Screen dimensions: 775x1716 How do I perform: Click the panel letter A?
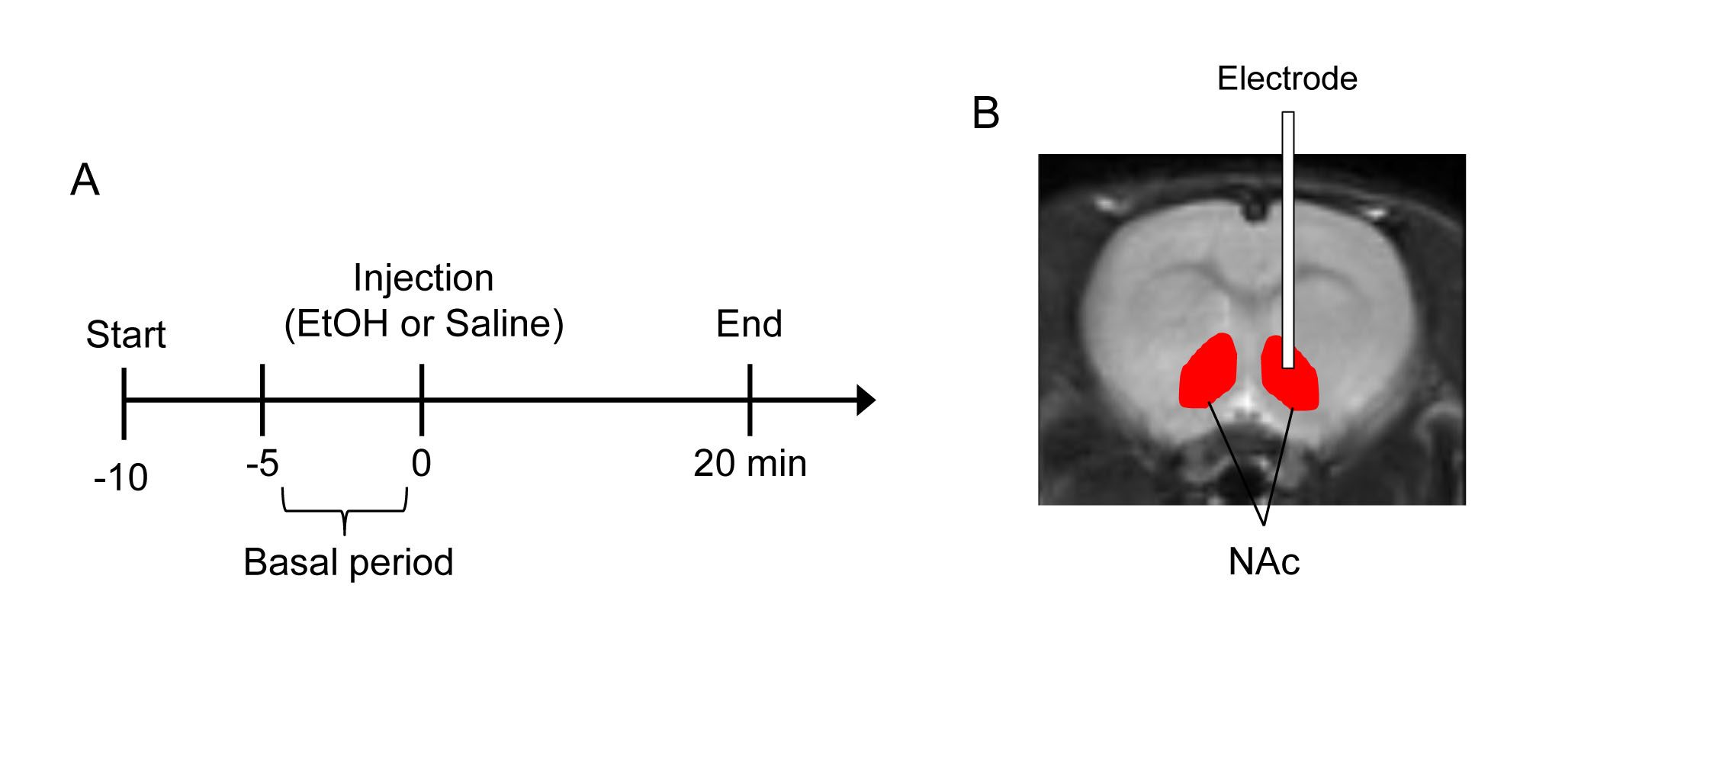click(85, 180)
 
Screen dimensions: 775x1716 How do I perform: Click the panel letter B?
click(985, 113)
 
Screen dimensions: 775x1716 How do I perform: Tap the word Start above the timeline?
click(126, 334)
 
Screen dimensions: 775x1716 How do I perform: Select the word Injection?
click(423, 278)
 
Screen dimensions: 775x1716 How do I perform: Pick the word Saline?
click(498, 323)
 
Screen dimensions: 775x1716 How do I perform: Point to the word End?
click(749, 324)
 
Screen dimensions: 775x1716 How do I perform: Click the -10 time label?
click(121, 478)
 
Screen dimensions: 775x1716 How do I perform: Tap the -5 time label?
click(262, 463)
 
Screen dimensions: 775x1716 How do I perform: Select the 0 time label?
click(422, 463)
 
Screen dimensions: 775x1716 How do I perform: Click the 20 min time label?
click(750, 463)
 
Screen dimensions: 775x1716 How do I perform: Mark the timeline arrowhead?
click(866, 400)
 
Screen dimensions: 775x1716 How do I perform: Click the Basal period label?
click(349, 562)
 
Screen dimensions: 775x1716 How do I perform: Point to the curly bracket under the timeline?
click(345, 510)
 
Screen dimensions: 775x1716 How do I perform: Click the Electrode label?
click(1287, 79)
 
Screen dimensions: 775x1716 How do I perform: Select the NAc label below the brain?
click(1264, 562)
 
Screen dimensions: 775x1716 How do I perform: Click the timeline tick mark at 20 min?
click(750, 400)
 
